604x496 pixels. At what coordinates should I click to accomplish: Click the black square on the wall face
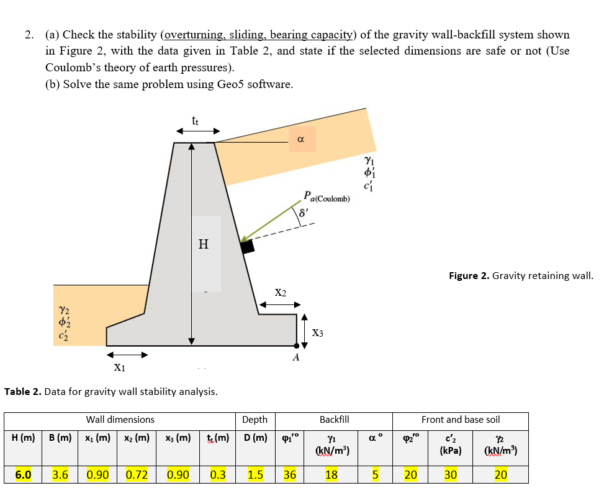pos(247,246)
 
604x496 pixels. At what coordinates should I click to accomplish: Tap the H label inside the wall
pos(203,244)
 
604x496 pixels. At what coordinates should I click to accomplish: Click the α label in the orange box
pos(301,140)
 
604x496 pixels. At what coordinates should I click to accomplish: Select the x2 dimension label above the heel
pos(280,292)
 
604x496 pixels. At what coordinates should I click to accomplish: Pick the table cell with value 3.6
pos(60,475)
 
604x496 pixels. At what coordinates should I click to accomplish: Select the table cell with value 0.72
pos(137,475)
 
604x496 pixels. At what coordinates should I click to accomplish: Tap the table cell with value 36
pos(290,475)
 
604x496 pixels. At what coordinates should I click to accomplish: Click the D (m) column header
pos(255,438)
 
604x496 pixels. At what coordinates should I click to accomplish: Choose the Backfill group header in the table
pos(334,420)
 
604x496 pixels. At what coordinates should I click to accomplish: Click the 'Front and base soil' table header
pos(460,420)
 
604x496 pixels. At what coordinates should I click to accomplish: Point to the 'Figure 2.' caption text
pos(469,276)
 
